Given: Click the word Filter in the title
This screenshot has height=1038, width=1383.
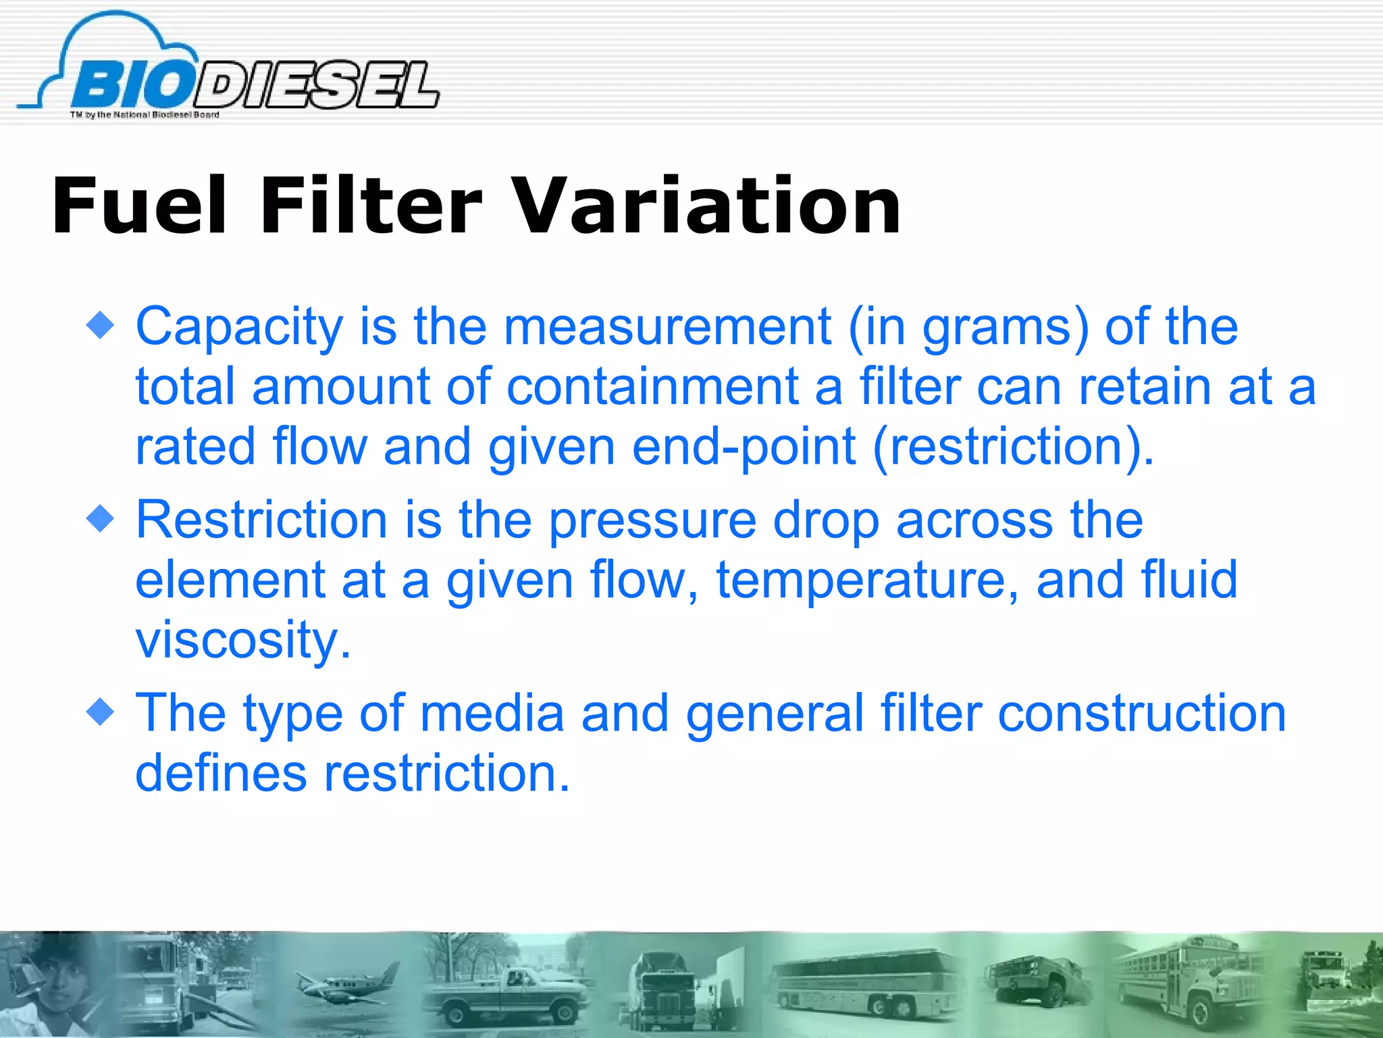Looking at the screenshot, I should pos(371,205).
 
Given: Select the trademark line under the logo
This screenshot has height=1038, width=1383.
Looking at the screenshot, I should pos(145,115).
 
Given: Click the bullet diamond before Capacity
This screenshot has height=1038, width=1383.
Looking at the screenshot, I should pos(101,326).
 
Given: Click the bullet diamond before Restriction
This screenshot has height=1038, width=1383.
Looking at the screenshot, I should pos(101,519).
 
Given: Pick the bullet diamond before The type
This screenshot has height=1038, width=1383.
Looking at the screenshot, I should pos(101,712).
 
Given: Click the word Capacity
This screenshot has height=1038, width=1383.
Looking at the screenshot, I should pos(240,328).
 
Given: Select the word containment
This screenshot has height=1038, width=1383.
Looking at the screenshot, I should pos(652,387).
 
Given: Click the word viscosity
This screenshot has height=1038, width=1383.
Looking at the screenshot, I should pos(243,639).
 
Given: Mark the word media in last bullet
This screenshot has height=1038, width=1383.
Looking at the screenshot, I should pos(492,714).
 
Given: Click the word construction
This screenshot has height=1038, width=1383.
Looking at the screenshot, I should pos(1141,714).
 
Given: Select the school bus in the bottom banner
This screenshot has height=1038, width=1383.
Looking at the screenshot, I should pos(1189,983).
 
